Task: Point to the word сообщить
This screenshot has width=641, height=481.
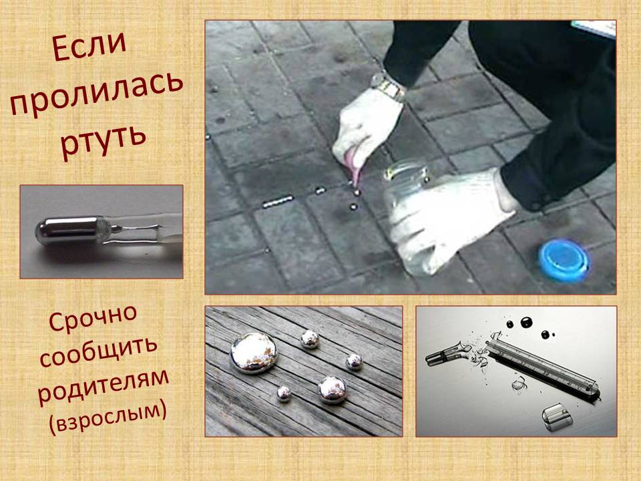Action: click(x=98, y=352)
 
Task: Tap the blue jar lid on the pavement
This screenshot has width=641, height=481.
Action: click(x=564, y=260)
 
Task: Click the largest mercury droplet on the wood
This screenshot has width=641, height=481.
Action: click(x=254, y=353)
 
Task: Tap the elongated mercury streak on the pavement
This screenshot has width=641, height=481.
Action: click(x=278, y=201)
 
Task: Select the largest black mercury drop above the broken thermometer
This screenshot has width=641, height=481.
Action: click(x=527, y=323)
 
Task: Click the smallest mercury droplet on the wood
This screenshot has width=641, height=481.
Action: click(x=284, y=394)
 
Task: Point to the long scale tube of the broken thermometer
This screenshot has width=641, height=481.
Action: click(x=544, y=366)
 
